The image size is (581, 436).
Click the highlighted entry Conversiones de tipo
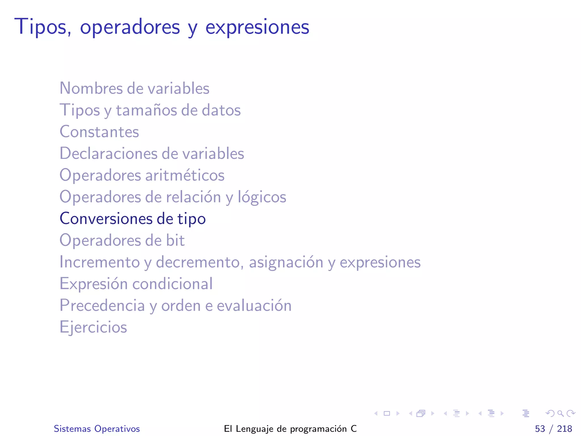(x=132, y=219)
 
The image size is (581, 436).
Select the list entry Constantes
(x=99, y=132)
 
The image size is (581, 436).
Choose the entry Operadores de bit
(x=122, y=240)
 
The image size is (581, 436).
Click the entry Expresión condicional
(x=136, y=284)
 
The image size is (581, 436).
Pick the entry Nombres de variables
(x=134, y=89)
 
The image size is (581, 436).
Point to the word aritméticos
(x=185, y=175)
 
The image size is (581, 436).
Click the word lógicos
(x=262, y=197)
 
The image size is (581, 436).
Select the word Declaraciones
(x=108, y=154)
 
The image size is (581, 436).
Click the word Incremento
(x=100, y=262)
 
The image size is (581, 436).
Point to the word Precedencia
(x=102, y=306)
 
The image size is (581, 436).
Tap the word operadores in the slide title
(x=130, y=27)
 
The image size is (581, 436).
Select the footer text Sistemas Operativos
(x=97, y=429)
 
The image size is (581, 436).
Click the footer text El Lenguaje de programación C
(x=290, y=429)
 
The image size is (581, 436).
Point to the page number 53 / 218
(x=553, y=429)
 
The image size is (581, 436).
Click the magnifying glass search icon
(x=560, y=413)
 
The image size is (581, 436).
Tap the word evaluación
(x=254, y=306)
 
